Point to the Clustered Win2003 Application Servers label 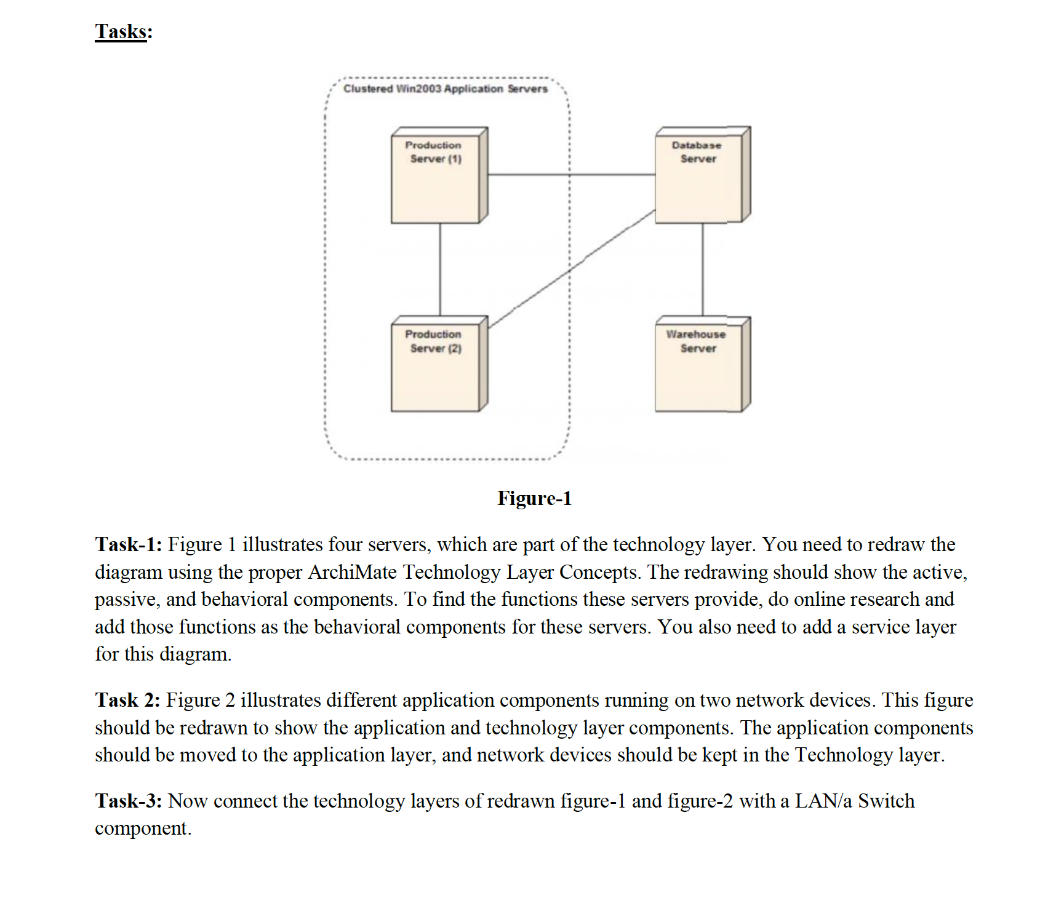pos(445,89)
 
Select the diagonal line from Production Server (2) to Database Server pos(572,268)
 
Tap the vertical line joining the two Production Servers pos(440,269)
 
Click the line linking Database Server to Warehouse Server pos(703,269)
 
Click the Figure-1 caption pos(534,498)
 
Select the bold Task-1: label pos(129,544)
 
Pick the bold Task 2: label pos(127,700)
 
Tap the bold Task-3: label pos(129,801)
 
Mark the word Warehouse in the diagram pos(695,335)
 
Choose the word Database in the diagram pos(696,146)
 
